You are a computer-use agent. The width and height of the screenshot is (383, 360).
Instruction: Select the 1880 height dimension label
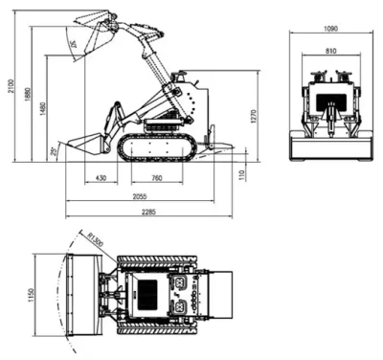tap(28, 97)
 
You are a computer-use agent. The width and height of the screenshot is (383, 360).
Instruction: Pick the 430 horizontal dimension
tap(101, 178)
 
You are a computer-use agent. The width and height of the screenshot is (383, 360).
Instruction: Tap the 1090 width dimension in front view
tap(330, 28)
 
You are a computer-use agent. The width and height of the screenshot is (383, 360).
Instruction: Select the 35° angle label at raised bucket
tap(73, 43)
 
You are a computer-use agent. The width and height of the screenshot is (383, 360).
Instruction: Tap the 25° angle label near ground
tap(55, 149)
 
